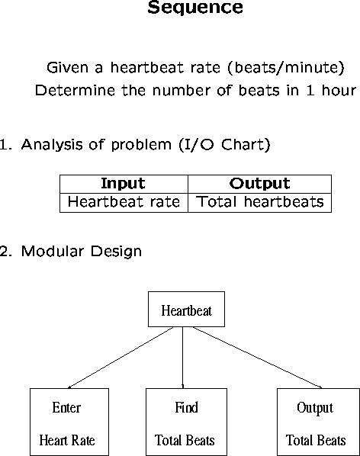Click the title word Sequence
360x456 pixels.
195,8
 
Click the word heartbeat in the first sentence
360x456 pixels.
147,67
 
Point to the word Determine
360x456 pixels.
75,91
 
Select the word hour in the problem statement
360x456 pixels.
339,91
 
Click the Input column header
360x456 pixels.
123,184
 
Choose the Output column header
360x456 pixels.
259,184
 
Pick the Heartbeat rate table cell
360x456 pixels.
124,202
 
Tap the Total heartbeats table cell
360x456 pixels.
259,202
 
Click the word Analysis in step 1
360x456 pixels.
52,145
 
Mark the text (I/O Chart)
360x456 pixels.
225,145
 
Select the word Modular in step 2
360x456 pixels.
53,251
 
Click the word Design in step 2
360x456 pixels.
117,252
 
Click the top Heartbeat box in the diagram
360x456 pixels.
186,309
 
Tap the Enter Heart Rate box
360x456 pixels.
69,422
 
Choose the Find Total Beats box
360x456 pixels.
186,422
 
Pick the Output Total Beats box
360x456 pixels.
318,422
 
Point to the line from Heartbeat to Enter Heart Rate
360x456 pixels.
121,358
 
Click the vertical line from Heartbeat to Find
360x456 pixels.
182,358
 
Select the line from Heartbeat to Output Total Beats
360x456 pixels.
257,358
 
